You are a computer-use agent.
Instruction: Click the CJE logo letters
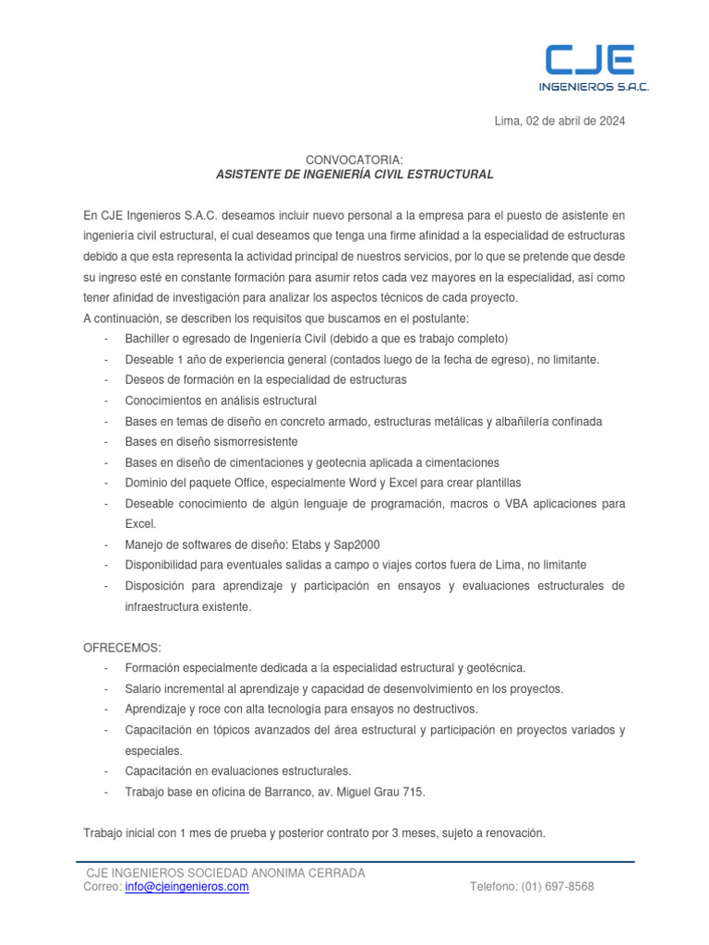[588, 60]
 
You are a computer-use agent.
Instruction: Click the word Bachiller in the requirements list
[150, 338]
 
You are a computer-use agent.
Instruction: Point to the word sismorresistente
[226, 441]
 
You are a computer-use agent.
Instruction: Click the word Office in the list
[246, 483]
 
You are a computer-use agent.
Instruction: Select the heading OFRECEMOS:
[122, 648]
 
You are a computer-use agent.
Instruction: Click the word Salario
[146, 688]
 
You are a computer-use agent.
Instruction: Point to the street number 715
[415, 792]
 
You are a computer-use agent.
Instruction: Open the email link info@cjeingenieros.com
[186, 887]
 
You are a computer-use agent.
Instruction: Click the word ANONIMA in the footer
[284, 873]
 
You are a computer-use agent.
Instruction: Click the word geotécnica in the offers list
[494, 668]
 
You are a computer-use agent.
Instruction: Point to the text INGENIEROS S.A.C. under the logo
[594, 88]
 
